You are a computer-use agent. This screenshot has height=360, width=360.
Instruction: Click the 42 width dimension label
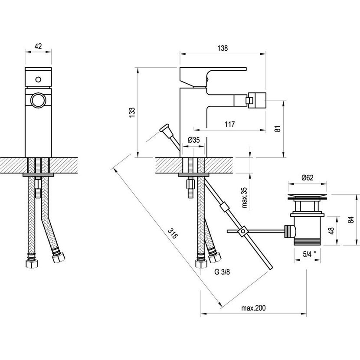(x=38, y=46)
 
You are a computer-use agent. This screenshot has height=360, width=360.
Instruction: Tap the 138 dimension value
(x=223, y=48)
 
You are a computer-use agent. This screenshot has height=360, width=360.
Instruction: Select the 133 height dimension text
(x=132, y=112)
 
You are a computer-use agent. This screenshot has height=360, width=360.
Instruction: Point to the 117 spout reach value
(x=229, y=124)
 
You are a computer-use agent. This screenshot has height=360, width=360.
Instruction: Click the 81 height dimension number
(x=278, y=128)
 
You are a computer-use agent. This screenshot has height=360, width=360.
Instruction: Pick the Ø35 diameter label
(x=193, y=140)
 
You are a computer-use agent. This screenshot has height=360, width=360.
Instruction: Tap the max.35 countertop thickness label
(x=245, y=197)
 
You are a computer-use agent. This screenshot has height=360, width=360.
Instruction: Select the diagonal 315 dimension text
(x=173, y=233)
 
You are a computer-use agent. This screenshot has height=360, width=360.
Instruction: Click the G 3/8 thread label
(x=222, y=272)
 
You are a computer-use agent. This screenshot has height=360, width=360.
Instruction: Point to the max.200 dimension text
(x=253, y=308)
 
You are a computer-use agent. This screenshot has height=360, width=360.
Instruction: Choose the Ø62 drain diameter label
(x=307, y=177)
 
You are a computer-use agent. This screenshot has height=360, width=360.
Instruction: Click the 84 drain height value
(x=351, y=220)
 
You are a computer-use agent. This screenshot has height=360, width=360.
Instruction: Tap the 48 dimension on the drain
(x=331, y=231)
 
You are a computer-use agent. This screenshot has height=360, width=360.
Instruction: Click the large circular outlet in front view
(x=38, y=100)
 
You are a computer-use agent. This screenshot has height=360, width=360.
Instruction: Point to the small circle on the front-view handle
(x=38, y=79)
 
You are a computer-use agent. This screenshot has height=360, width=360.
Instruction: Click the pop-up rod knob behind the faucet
(x=164, y=128)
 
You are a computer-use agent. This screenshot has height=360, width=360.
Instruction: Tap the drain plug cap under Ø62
(x=307, y=197)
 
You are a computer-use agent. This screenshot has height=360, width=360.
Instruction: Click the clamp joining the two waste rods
(x=243, y=232)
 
